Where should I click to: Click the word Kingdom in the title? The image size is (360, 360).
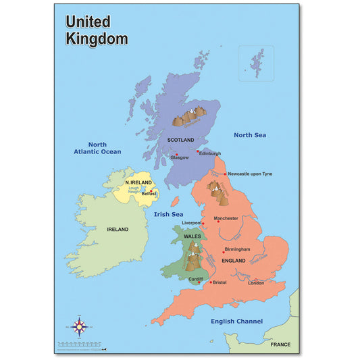pos(97,38)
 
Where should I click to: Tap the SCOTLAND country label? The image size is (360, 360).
pos(180,140)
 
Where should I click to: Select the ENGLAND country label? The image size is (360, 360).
pos(234,260)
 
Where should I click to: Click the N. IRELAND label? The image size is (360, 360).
pos(139,183)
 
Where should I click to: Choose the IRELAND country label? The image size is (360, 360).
pos(118,229)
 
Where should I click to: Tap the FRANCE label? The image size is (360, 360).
pos(280,344)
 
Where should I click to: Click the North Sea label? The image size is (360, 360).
pos(250,135)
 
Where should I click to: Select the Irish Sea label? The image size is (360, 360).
pos(168,214)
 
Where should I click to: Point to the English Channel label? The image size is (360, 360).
pos(236,322)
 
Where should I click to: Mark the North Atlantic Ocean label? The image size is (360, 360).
pos(97,148)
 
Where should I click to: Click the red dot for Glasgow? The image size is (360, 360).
pos(177,155)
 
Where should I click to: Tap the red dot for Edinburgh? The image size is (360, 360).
pos(198,151)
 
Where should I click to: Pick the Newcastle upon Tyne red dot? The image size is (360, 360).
pos(224,174)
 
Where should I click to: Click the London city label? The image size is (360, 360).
pos(256,283)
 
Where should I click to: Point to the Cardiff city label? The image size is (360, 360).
pos(195,279)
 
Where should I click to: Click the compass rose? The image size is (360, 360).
pos(80,329)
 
